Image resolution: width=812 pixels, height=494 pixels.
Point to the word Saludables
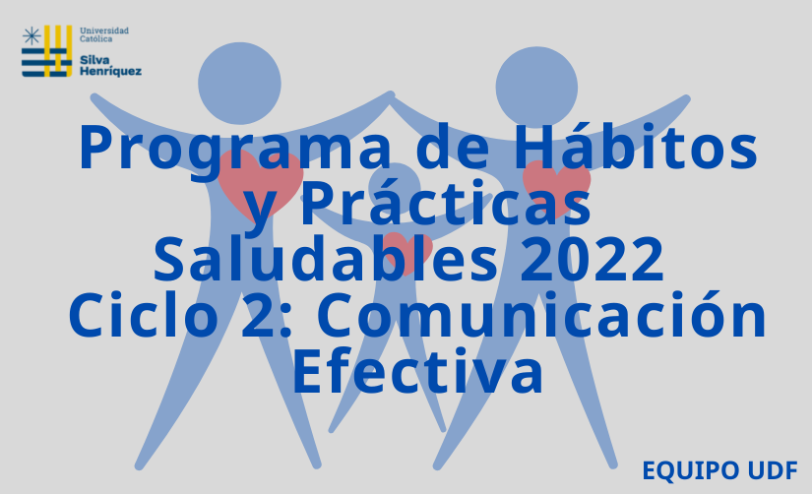pos(326,257)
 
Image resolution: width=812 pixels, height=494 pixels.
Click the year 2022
pos(592,259)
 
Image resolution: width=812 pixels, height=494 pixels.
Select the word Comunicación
pos(541,313)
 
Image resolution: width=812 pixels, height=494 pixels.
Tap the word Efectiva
pos(418,370)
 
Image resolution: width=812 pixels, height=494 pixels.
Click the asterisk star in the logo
pos(31,36)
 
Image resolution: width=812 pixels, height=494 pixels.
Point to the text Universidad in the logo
pos(104,31)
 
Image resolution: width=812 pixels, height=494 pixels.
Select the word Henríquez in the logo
pos(110,72)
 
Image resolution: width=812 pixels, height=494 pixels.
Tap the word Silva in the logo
pos(94,60)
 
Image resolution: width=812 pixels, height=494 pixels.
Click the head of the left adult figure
pos(239,84)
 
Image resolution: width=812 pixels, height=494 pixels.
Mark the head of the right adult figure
pos(536,88)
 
